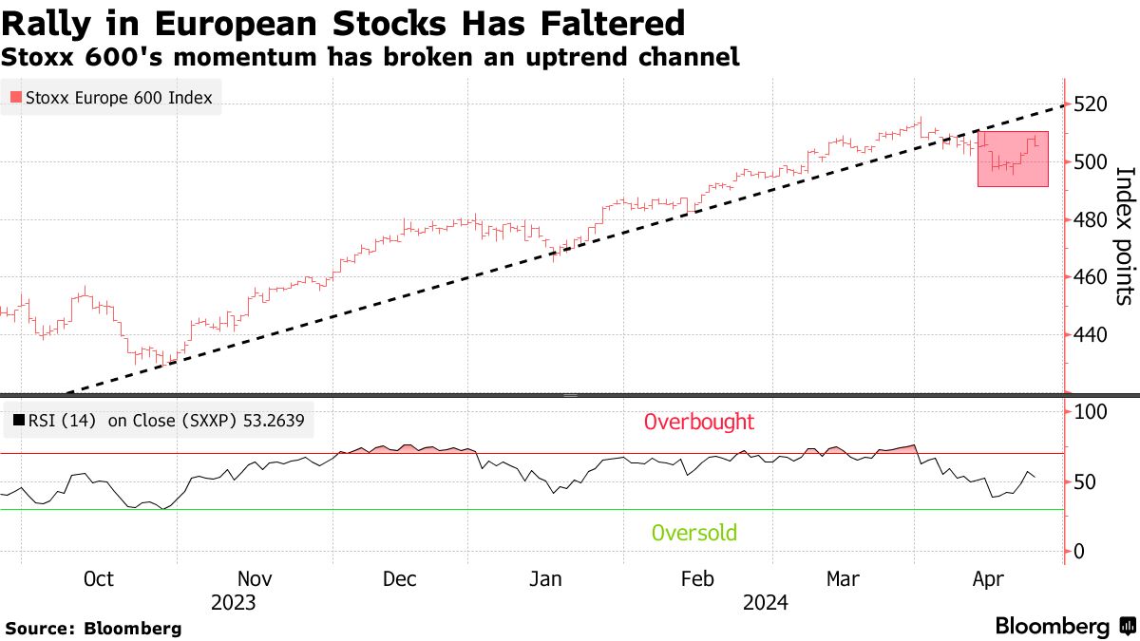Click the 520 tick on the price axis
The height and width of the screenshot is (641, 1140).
pyautogui.click(x=1091, y=104)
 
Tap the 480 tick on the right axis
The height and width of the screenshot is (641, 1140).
pyautogui.click(x=1091, y=220)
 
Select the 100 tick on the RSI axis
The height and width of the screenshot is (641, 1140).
pyautogui.click(x=1090, y=412)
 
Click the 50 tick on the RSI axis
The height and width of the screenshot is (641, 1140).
pyautogui.click(x=1084, y=481)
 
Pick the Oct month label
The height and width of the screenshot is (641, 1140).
pyautogui.click(x=98, y=579)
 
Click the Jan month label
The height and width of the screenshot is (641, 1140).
pyautogui.click(x=545, y=579)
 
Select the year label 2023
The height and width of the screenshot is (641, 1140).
pyautogui.click(x=234, y=602)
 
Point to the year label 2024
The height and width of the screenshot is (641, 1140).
pyautogui.click(x=766, y=602)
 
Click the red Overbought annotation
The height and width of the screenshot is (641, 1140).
pyautogui.click(x=699, y=422)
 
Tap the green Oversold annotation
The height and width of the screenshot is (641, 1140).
pyautogui.click(x=694, y=533)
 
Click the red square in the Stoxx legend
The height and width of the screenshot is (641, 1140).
pyautogui.click(x=14, y=97)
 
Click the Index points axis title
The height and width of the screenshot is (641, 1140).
pyautogui.click(x=1125, y=236)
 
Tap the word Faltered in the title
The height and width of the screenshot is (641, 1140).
pyautogui.click(x=612, y=22)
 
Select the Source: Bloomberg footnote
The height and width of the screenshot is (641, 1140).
pyautogui.click(x=93, y=628)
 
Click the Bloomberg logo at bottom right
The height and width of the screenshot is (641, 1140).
pyautogui.click(x=1063, y=626)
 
